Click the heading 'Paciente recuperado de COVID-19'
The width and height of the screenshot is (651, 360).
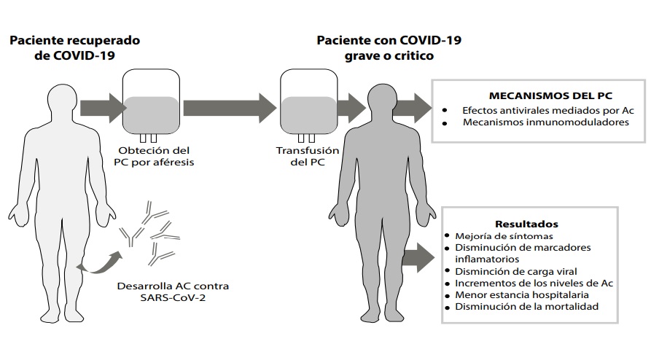74,47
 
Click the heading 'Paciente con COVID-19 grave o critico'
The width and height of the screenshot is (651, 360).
389,47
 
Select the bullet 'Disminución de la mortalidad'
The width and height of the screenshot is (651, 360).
526,306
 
